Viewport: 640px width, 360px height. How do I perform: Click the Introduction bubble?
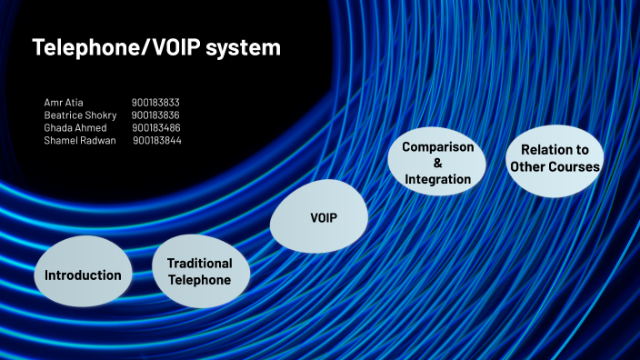click(x=83, y=275)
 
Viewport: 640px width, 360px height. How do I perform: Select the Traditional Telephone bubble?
click(x=199, y=272)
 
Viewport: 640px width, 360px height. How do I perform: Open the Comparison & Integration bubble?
click(x=437, y=163)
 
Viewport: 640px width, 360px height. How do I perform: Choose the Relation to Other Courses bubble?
click(x=555, y=158)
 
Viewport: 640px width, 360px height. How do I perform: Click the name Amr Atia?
click(x=64, y=103)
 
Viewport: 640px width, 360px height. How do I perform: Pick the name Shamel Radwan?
click(x=80, y=141)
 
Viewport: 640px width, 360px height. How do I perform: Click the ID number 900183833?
click(x=155, y=103)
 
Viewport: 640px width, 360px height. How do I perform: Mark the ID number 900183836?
click(x=155, y=115)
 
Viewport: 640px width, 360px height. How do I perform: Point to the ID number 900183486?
click(x=156, y=128)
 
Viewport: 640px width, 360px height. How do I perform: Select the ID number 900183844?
click(x=157, y=141)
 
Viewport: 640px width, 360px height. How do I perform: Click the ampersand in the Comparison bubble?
click(x=437, y=163)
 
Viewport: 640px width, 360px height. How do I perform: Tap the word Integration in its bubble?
click(x=437, y=179)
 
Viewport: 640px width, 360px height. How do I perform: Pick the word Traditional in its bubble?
click(x=199, y=264)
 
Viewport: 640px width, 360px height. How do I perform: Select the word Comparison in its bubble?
click(x=437, y=146)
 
